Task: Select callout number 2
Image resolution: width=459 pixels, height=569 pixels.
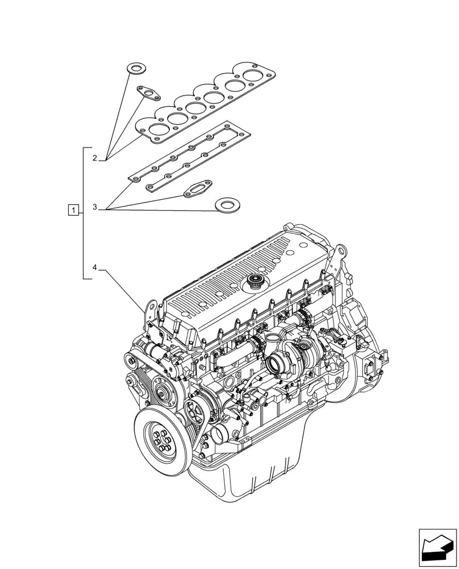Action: point(95,158)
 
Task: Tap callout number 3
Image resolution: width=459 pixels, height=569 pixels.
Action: point(95,208)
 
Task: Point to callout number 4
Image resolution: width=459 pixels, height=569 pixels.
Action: point(95,267)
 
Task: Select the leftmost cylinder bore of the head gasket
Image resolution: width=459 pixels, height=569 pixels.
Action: point(152,126)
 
